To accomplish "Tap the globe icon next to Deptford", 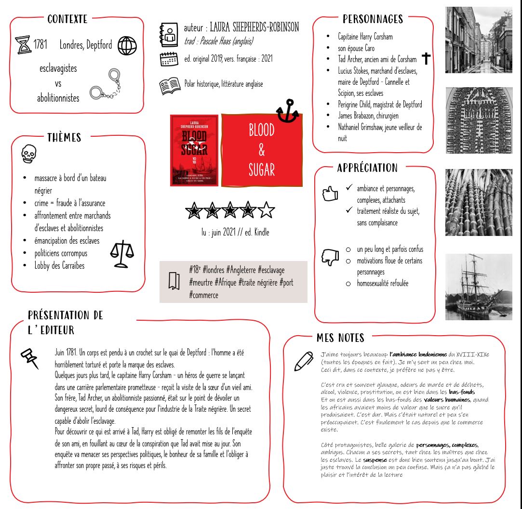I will pos(127,46).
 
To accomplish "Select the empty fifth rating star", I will pos(267,210).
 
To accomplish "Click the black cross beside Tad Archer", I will pos(426,59).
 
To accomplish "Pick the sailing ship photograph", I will pos(478,287).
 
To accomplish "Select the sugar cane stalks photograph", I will pos(478,202).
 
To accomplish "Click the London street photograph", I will pos(478,40).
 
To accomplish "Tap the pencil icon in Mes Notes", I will pos(304,362).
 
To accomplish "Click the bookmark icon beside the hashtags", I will pos(174,281).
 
